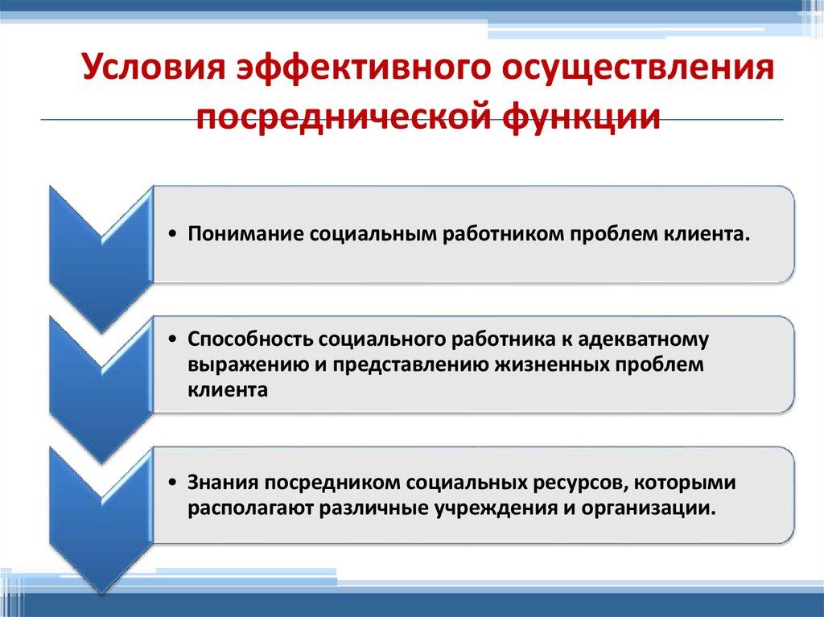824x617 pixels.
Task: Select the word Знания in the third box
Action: (x=216, y=483)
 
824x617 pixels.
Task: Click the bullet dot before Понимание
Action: (x=175, y=235)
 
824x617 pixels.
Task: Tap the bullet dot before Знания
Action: (x=175, y=484)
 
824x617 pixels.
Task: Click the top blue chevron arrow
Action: (x=101, y=241)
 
